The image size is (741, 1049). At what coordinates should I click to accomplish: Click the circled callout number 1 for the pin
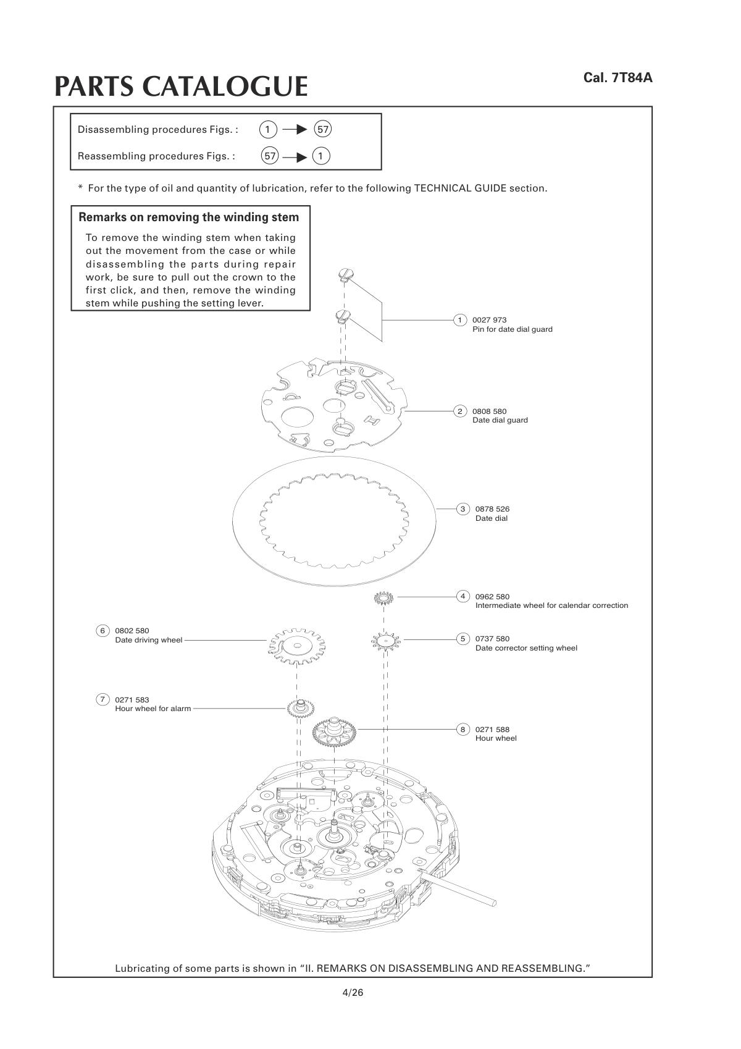point(459,320)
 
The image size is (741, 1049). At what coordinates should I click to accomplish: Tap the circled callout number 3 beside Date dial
point(463,509)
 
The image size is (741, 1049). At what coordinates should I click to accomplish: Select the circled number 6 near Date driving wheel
point(103,631)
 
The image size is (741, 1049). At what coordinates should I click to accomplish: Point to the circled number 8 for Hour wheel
point(463,730)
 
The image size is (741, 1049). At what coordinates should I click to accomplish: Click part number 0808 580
point(489,411)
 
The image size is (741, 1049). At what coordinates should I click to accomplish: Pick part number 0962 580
point(492,597)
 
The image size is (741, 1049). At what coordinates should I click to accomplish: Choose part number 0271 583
point(132,700)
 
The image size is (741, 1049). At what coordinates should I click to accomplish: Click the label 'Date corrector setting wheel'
point(526,648)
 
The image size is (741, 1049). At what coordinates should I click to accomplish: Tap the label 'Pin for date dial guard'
point(512,329)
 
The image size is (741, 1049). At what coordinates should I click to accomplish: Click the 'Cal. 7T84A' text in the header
point(617,78)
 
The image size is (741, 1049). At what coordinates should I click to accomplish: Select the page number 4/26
point(353,993)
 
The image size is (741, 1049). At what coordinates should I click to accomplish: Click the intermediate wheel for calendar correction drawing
point(383,598)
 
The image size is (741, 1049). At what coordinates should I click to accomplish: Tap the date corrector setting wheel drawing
point(386,641)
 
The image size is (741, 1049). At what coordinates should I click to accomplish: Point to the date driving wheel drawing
point(298,646)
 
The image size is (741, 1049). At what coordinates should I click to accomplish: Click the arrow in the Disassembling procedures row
point(295,129)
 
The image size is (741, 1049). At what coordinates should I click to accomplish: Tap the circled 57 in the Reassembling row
point(270,156)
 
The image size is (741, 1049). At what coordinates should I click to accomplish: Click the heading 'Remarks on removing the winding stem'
point(189,217)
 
